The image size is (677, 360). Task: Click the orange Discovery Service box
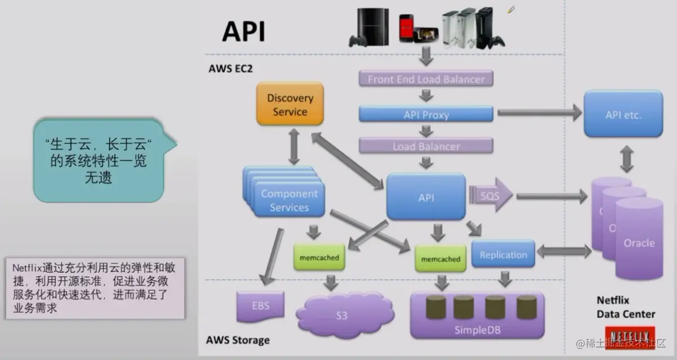[x=290, y=104]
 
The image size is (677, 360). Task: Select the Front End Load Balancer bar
[x=426, y=79]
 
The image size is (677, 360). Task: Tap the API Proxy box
[x=426, y=115]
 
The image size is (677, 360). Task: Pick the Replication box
[x=503, y=255]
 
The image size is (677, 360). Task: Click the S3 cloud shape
[x=342, y=315]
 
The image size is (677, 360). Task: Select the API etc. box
[x=623, y=114]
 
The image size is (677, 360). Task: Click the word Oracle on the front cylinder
[x=639, y=243]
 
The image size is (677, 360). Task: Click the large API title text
[x=243, y=31]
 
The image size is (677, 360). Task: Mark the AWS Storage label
[x=237, y=340]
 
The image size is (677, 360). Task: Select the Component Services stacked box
[x=289, y=200]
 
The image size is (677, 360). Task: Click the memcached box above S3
[x=319, y=258]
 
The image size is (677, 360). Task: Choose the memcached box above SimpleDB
[x=441, y=259]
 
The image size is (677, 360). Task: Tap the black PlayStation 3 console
[x=369, y=26]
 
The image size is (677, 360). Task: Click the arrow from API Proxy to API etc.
[x=539, y=113]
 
